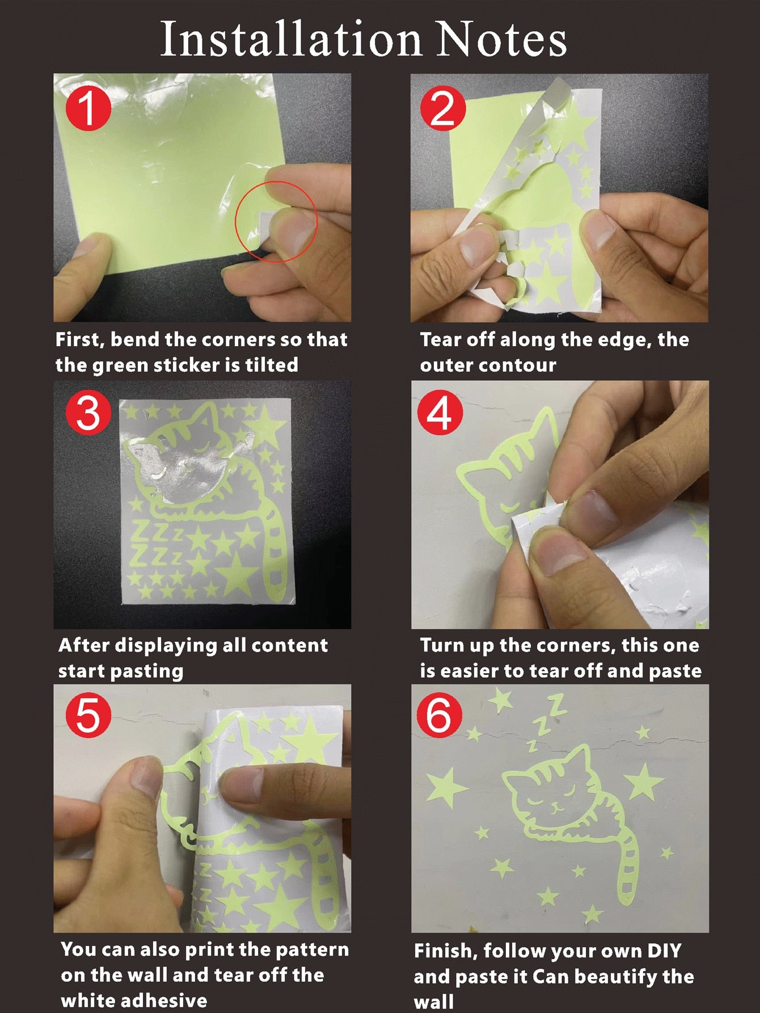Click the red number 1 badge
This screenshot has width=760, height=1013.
point(88,108)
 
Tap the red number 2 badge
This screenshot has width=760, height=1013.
point(443,108)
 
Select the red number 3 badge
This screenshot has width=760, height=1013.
point(88,413)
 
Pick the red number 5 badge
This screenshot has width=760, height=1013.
point(88,715)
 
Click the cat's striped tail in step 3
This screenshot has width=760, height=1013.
point(277,553)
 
